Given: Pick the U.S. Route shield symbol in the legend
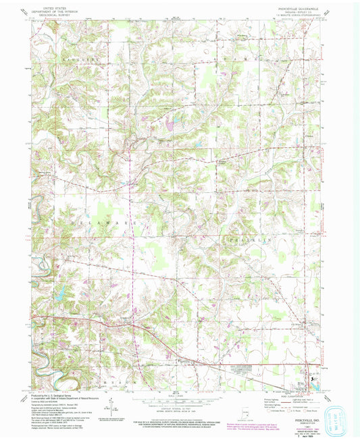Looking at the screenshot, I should click(x=280, y=409).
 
